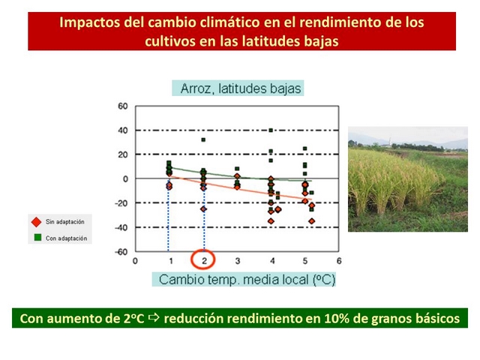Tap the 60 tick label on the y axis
click(123, 106)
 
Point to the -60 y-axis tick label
click(121, 252)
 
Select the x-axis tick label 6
click(339, 261)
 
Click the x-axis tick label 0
click(135, 261)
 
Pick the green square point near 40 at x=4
click(271, 130)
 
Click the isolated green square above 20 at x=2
click(203, 140)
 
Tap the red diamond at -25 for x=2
click(203, 209)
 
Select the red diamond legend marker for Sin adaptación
click(37, 222)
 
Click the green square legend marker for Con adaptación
click(37, 238)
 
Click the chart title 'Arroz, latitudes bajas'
click(241, 88)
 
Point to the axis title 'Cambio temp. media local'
click(234, 280)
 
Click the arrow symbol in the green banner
click(154, 318)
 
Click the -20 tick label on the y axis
click(121, 203)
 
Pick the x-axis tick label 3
click(238, 261)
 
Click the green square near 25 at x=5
click(305, 148)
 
